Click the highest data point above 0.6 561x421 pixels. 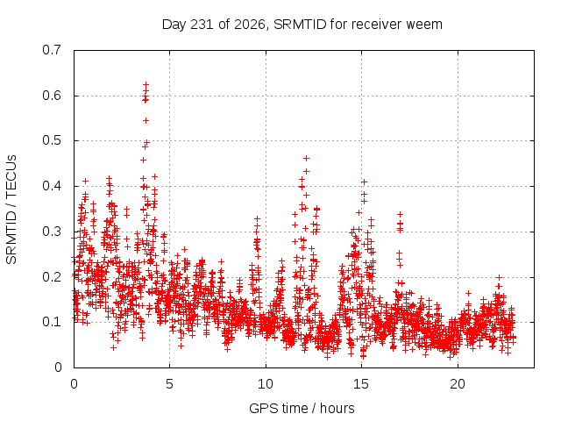146,85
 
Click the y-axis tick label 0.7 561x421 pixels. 52,50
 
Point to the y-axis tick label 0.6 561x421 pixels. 52,96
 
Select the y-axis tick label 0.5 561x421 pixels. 52,140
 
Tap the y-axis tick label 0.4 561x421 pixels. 52,186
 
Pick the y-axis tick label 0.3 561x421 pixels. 52,232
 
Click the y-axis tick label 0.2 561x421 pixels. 52,277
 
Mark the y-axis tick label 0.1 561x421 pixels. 52,322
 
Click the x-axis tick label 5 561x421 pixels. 169,384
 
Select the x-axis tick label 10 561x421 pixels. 266,384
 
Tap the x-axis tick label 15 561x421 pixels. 361,384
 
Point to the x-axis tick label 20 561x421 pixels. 458,384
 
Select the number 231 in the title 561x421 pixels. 202,25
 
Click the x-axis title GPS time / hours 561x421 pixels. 302,409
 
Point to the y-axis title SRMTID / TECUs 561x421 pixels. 11,210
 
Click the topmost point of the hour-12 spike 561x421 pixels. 306,158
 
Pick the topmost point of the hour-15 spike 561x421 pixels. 365,182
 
